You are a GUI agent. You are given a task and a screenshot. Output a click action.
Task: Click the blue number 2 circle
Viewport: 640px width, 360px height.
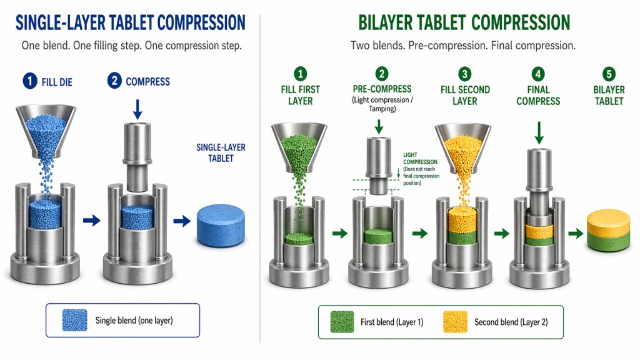(x=114, y=81)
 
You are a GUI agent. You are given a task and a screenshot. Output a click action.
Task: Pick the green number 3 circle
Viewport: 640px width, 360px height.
(x=465, y=74)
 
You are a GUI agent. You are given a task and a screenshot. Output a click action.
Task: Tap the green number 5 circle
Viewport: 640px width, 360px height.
(x=609, y=74)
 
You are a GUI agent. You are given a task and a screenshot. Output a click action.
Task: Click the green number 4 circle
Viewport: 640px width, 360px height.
(x=538, y=74)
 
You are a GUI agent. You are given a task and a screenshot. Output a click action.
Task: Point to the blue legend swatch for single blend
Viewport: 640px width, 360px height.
(x=74, y=321)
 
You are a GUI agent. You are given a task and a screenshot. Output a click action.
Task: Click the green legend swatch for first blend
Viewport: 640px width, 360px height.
(x=342, y=322)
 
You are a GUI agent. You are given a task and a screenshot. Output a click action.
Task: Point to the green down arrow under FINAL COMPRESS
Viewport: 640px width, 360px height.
(x=538, y=132)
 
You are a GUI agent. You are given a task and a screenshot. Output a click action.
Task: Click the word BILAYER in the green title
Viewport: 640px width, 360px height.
(x=392, y=22)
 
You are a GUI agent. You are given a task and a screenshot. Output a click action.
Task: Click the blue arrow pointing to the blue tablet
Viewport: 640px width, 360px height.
(x=184, y=220)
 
